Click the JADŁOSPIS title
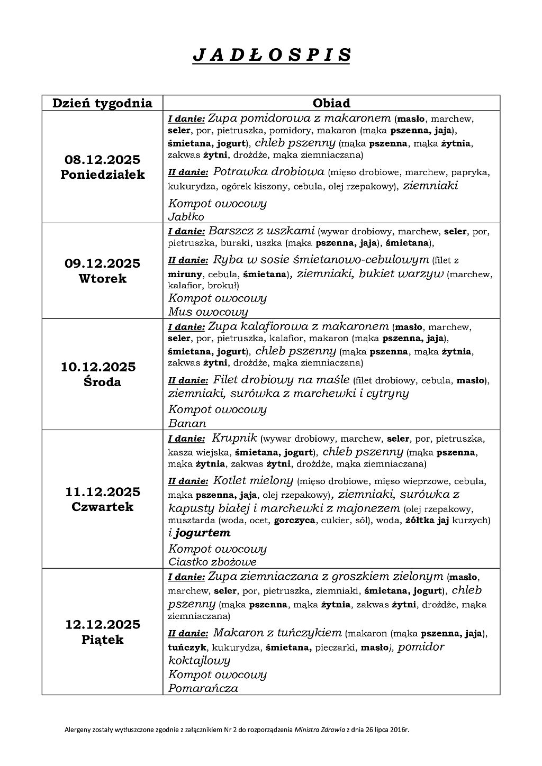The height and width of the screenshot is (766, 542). [271, 55]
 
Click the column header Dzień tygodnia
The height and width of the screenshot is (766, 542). [102, 103]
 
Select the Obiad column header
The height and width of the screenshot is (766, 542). [331, 103]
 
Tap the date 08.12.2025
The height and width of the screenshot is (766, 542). [102, 159]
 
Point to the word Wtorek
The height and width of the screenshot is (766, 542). [102, 279]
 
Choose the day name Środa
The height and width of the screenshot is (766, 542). [102, 382]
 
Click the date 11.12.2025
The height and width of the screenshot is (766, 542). [102, 492]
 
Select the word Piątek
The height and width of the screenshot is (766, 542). [102, 640]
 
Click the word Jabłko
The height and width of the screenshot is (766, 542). [186, 217]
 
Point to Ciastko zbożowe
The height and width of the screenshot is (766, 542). [212, 562]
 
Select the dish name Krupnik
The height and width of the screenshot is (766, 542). [234, 438]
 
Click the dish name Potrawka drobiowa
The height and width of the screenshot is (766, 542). [268, 171]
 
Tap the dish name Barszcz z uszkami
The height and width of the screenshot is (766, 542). [262, 231]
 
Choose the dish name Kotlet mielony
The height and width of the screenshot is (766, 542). [253, 481]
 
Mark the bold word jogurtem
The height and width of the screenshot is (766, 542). [203, 533]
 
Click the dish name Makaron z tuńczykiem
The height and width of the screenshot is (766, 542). [277, 632]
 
